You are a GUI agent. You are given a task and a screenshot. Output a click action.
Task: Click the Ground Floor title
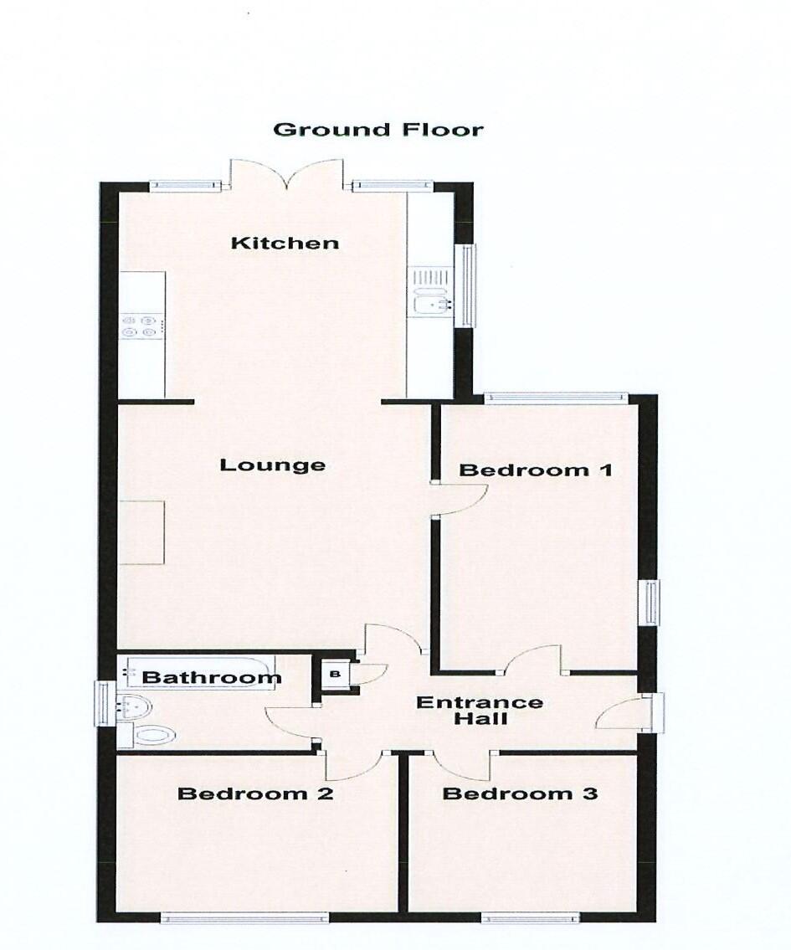pyautogui.click(x=378, y=130)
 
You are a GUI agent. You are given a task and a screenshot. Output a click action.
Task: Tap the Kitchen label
pyautogui.click(x=285, y=244)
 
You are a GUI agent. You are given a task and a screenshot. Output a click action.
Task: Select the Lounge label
pyautogui.click(x=272, y=465)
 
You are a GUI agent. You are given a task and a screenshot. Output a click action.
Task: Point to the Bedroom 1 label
pyautogui.click(x=536, y=470)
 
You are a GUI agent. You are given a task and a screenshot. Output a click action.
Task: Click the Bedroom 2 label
pyautogui.click(x=255, y=793)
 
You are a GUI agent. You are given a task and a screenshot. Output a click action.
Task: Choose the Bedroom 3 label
pyautogui.click(x=520, y=793)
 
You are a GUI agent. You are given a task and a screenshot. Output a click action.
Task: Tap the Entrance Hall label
pyautogui.click(x=480, y=711)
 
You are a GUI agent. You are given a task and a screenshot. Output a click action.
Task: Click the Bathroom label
pyautogui.click(x=212, y=678)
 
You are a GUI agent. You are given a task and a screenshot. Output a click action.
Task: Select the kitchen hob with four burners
pyautogui.click(x=140, y=326)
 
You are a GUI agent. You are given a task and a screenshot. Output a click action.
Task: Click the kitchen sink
pyautogui.click(x=431, y=302)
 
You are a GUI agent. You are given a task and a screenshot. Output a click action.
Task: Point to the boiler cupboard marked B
pyautogui.click(x=336, y=673)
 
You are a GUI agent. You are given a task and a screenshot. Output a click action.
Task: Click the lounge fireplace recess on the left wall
pyautogui.click(x=141, y=532)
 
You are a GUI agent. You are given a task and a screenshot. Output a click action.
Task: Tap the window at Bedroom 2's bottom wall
pyautogui.click(x=244, y=918)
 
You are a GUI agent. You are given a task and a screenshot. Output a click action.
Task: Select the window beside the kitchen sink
pyautogui.click(x=465, y=285)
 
